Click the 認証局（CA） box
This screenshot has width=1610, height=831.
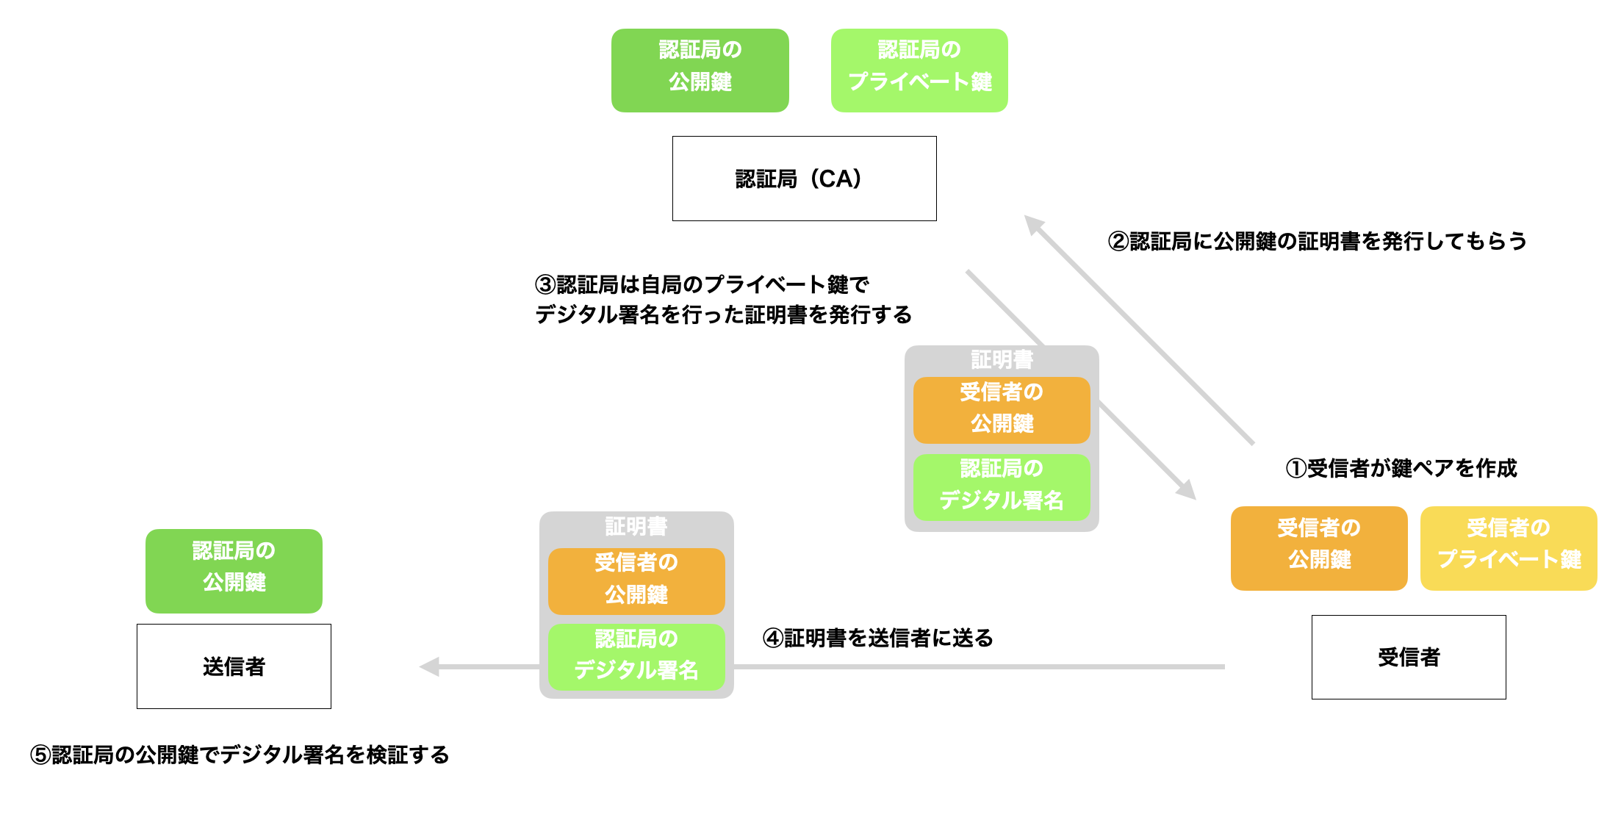pos(804,179)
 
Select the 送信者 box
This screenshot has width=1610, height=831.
pos(234,666)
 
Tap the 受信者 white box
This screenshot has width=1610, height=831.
pos(1408,657)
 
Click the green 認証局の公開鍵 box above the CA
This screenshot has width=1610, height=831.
pos(700,71)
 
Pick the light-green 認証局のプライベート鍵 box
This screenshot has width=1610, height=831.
pos(919,71)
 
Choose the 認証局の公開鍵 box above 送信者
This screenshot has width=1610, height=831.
pos(234,571)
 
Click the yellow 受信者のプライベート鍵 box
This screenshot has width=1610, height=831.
pos(1508,548)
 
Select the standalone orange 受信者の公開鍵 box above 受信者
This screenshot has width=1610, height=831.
pos(1318,548)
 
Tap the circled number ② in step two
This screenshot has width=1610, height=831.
pos(1118,241)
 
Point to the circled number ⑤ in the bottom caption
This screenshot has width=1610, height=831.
pos(40,755)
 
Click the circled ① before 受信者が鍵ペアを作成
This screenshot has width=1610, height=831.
pos(1295,468)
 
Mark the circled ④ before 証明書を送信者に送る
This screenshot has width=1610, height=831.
pos(772,638)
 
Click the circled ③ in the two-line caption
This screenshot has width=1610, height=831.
pos(545,284)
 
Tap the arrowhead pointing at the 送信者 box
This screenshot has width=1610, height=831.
pos(428,666)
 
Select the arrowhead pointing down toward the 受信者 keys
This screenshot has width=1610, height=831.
pos(1187,490)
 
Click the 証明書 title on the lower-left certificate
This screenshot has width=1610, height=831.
pos(636,526)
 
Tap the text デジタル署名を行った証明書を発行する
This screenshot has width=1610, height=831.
pos(723,314)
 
